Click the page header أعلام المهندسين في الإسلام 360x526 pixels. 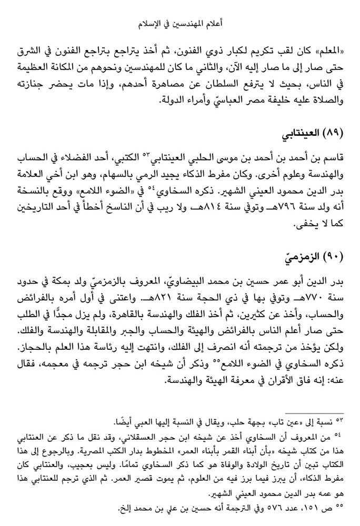180,25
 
